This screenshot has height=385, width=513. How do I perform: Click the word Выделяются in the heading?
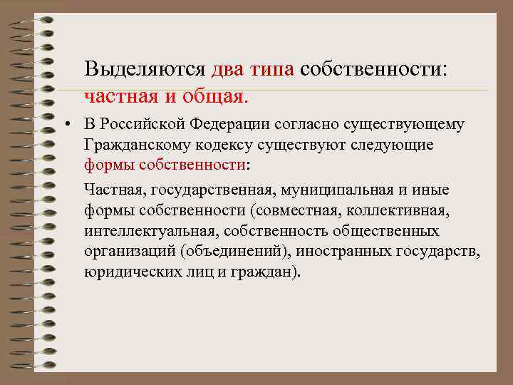pos(145,70)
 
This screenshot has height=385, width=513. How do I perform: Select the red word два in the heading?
pos(228,70)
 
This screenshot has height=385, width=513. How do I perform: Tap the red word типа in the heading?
pos(273,70)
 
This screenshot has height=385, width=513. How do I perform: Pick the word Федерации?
pos(229,125)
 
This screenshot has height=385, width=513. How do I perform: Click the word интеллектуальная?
pos(140,232)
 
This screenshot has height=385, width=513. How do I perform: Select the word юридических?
pos(128,273)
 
